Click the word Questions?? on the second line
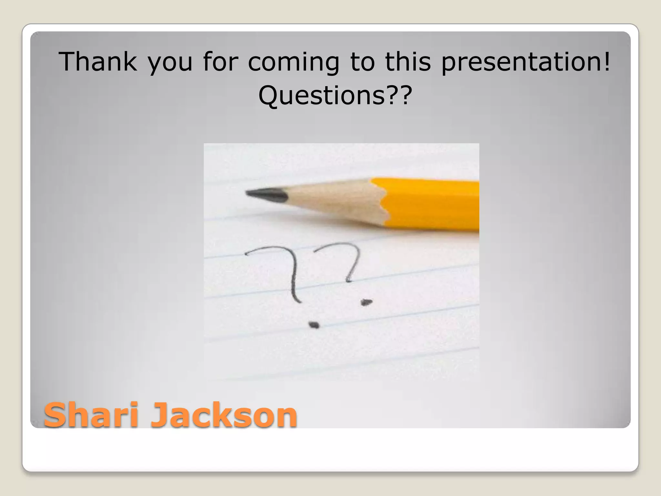click(x=335, y=96)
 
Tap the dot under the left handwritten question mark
click(x=313, y=325)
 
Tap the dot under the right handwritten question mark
click(x=366, y=302)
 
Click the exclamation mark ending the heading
click(x=607, y=62)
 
